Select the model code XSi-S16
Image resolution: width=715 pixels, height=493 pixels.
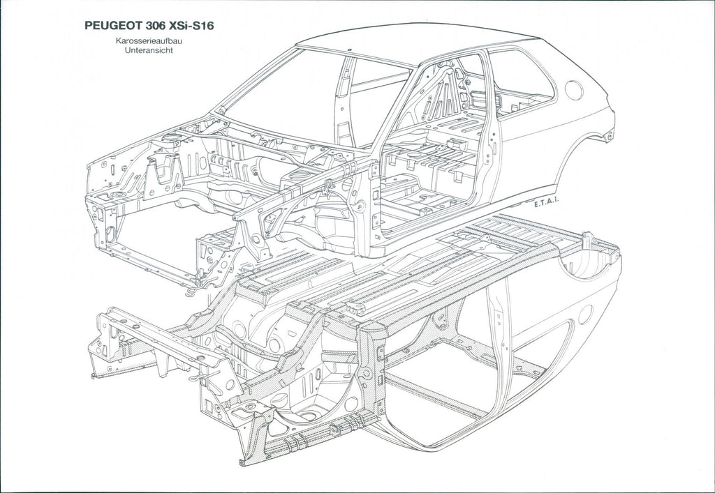point(191,26)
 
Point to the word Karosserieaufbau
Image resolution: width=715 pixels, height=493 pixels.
point(149,41)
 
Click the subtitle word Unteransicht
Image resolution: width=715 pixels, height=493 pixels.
point(149,50)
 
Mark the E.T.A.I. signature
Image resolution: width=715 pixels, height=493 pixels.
point(546,204)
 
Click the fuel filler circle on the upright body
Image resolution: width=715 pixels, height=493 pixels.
point(574,90)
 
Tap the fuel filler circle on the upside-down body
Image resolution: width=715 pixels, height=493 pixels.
point(585,314)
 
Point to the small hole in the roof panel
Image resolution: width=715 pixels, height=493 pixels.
point(349,50)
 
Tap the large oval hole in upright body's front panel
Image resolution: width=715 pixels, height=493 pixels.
point(111,234)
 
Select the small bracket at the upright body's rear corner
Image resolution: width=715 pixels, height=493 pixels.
point(609,135)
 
